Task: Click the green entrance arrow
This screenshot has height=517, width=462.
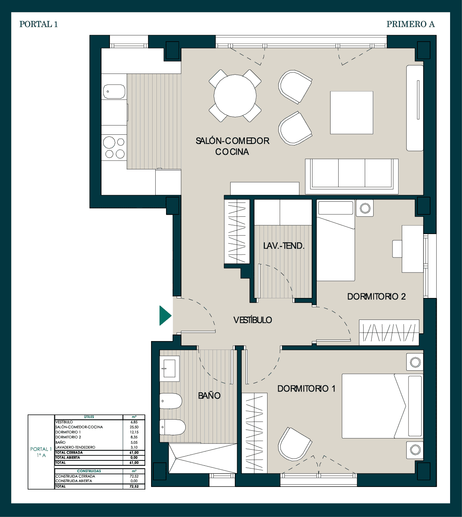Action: pos(165,316)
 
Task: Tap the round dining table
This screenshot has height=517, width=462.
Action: pos(235,96)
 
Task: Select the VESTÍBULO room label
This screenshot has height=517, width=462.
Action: pos(253,320)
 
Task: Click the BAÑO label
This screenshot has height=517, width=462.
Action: pos(209,395)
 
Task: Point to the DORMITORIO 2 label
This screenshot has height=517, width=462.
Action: pos(376,296)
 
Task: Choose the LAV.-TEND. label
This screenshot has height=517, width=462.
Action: pos(284,246)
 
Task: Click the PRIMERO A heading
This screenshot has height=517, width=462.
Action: pos(410,24)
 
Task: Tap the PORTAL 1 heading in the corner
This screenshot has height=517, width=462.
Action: pos(38,24)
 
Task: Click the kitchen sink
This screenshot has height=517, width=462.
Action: pos(114,92)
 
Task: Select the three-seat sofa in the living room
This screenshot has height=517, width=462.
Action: pos(352,176)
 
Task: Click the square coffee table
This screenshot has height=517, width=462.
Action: pos(352,112)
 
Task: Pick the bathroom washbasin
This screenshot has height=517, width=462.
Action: pos(170,368)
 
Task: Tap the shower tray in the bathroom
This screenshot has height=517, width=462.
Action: pos(203,458)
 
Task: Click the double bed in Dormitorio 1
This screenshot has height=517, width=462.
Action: pos(382,406)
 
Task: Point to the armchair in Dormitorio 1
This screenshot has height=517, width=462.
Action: pos(294,444)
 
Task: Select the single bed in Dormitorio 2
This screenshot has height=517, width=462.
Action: pos(336,240)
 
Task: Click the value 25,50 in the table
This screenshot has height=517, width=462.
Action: pos(134,427)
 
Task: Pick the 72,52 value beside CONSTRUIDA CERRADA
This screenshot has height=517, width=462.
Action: pos(134,476)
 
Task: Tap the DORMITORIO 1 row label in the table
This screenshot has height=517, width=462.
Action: pos(68,432)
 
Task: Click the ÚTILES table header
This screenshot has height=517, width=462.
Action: pos(89,417)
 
